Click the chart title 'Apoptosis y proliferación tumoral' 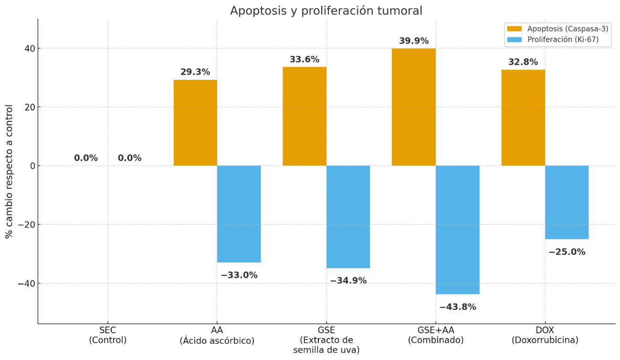326,11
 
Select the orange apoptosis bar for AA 195,123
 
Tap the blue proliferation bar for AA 239,214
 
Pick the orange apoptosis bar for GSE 305,116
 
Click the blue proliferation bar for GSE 348,217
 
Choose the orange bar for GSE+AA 414,107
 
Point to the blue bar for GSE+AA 457,230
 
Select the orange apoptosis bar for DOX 523,117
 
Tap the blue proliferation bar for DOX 567,202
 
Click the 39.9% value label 414,41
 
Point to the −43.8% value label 457,307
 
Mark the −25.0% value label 567,252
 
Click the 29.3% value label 195,72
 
